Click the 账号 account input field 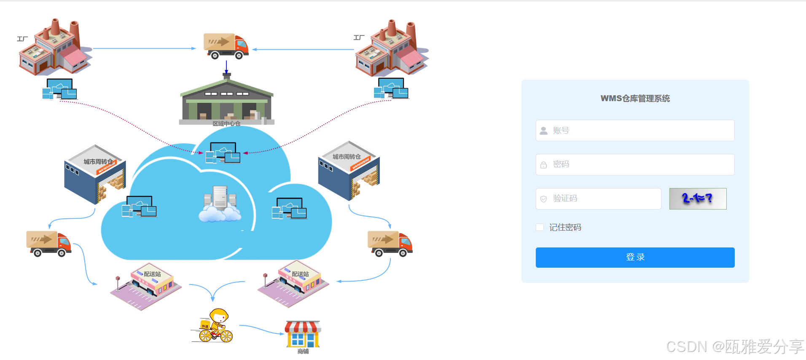point(635,131)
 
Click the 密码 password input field point(635,164)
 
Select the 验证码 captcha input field point(599,199)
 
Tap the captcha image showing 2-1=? point(698,199)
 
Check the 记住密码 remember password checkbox point(540,228)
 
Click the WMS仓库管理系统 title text point(635,99)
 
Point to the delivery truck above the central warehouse point(226,46)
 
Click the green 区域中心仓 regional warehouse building point(227,101)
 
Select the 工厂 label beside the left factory point(22,39)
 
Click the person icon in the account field point(544,131)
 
